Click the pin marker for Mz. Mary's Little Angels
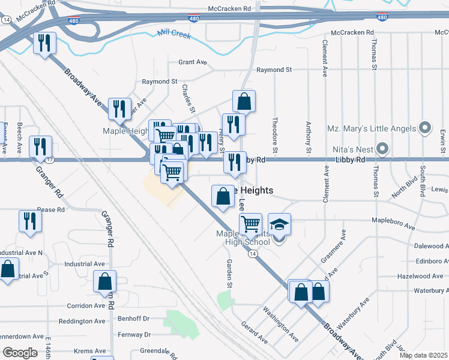pos(425,128)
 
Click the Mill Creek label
pos(174,35)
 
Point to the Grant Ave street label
pos(193,62)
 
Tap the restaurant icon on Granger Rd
pos(40,146)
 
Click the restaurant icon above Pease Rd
pos(29,221)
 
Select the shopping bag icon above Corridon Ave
pos(104,281)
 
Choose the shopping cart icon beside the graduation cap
pos(250,224)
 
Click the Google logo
pos(20,353)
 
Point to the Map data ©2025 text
pos(424,355)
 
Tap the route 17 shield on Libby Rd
pos(49,160)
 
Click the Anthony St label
pos(309,136)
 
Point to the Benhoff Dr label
pos(133,318)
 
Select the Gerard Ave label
pos(255,332)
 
